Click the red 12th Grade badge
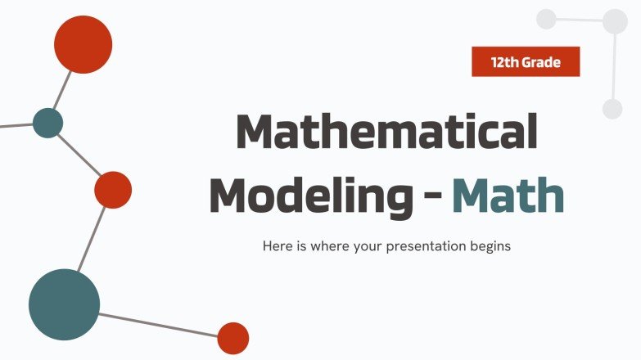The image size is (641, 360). point(526,61)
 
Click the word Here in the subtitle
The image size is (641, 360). point(276,245)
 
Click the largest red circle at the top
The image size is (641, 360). point(83,44)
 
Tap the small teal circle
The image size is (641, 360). point(47,123)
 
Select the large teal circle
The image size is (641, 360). point(64,304)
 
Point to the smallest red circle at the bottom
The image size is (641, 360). point(232,338)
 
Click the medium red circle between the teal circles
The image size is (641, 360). point(113,190)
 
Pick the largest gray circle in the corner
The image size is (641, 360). point(615,21)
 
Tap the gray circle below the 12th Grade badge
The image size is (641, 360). point(612,109)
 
